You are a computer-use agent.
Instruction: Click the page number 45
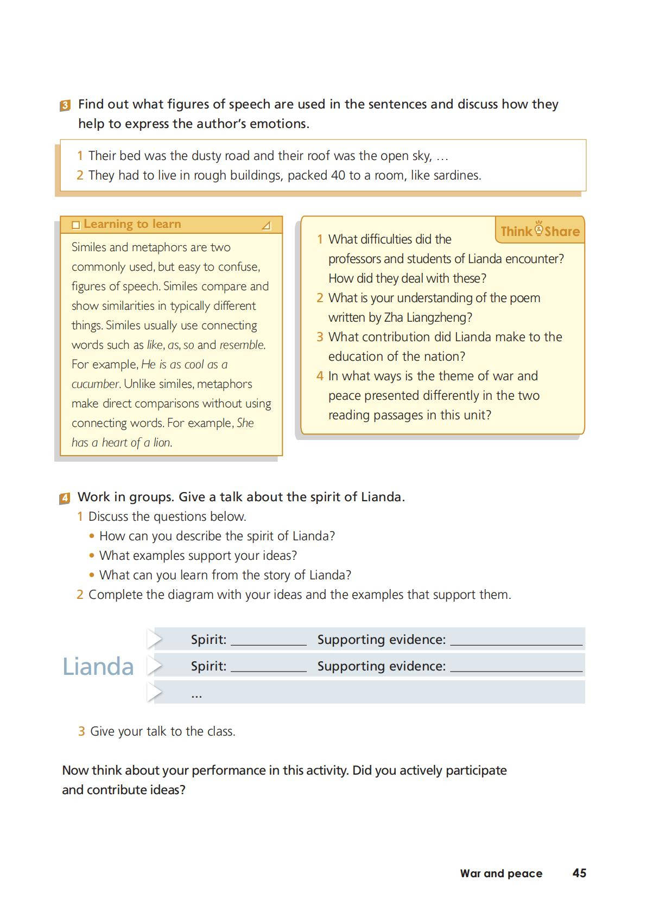579,873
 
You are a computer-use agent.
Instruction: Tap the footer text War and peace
501,873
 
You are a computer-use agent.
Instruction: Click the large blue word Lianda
98,666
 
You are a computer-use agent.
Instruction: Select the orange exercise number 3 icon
65,105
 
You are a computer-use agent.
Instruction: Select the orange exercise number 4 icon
65,498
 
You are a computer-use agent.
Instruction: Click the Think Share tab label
540,231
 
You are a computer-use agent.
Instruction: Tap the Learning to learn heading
132,224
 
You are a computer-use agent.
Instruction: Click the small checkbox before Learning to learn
76,225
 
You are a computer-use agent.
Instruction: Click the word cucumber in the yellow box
96,384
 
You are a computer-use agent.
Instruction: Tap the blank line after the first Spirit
269,641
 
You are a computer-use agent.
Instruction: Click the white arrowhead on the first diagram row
155,640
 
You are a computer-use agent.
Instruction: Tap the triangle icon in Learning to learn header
266,225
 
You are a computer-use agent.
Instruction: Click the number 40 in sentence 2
338,175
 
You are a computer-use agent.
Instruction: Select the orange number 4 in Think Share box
320,376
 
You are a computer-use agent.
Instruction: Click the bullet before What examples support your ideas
92,556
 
